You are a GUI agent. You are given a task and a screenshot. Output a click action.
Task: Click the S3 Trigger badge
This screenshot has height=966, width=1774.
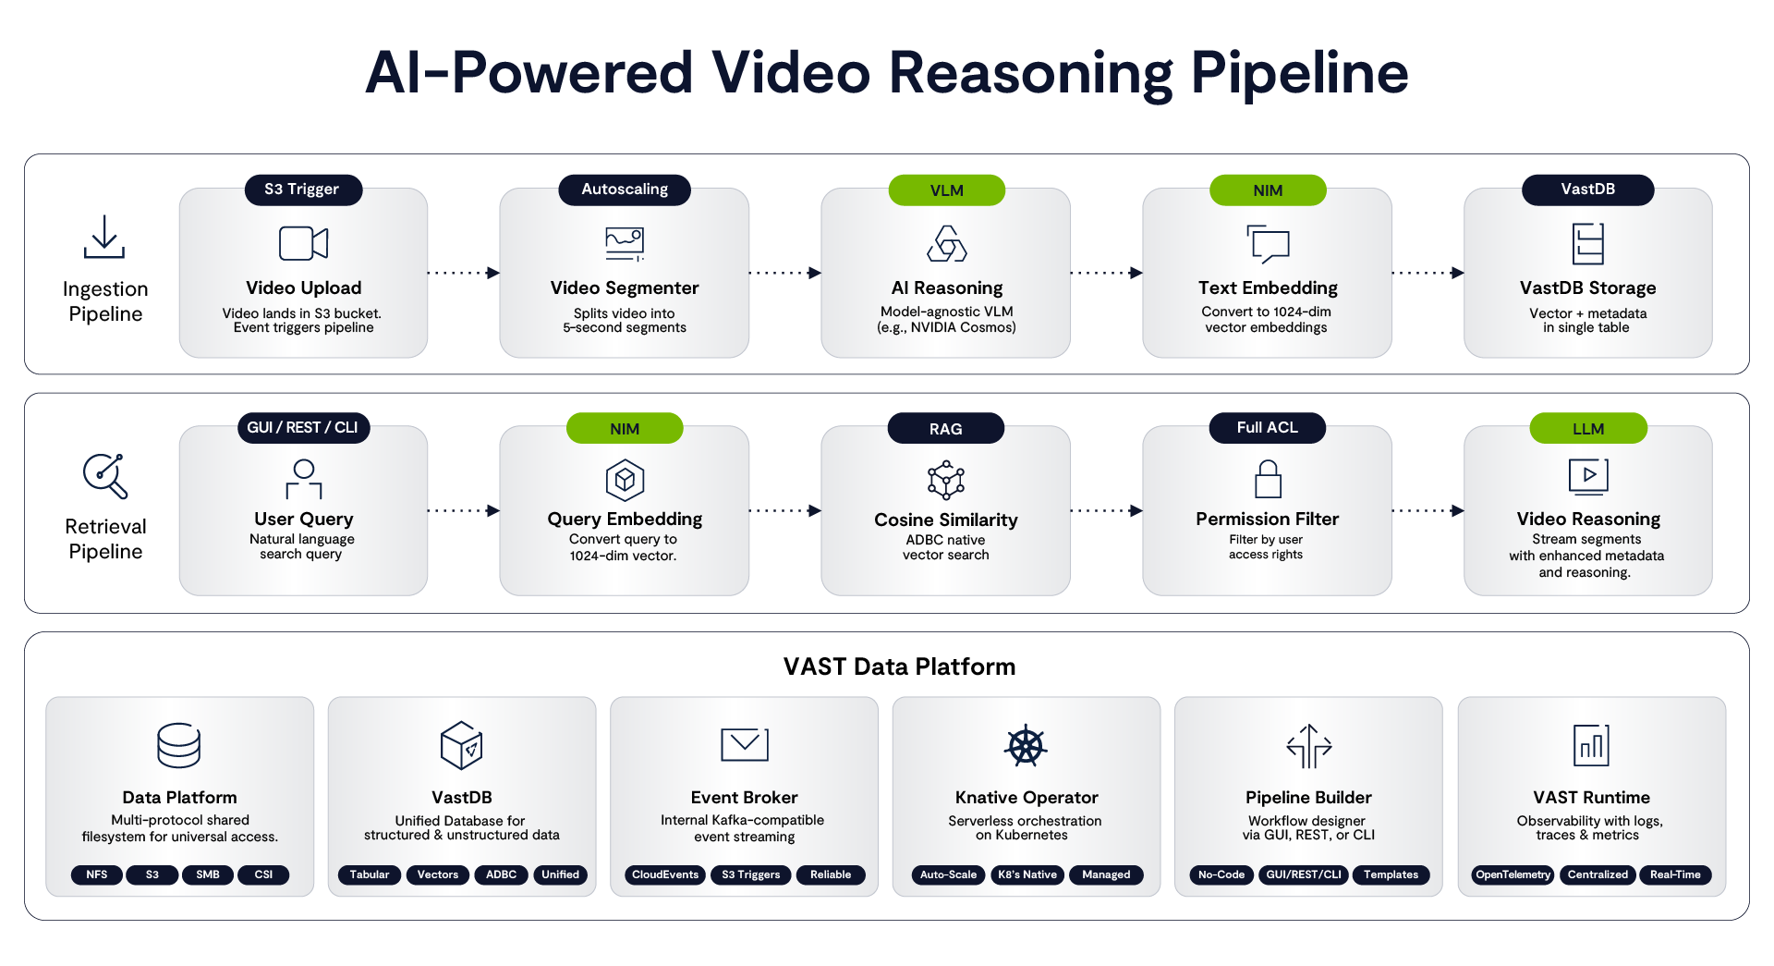(x=303, y=190)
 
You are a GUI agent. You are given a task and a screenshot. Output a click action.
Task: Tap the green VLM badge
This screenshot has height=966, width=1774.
(x=946, y=190)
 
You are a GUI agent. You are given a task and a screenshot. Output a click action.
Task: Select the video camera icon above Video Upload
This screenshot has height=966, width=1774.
(x=303, y=243)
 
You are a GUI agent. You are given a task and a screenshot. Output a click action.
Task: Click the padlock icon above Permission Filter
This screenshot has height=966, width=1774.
(x=1268, y=479)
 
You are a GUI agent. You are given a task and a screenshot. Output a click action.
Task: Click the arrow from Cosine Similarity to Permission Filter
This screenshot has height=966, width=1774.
(x=1107, y=510)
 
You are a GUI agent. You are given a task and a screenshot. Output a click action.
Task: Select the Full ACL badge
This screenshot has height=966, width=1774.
(x=1268, y=427)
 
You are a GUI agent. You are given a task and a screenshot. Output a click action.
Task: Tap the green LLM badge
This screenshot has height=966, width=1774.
(x=1588, y=428)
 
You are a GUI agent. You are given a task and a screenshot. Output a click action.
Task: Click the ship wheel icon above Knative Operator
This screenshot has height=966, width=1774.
(x=1026, y=746)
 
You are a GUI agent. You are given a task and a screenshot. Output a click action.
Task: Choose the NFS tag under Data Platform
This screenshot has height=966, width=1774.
(x=97, y=874)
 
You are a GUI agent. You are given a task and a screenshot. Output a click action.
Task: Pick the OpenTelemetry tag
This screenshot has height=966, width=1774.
(x=1513, y=874)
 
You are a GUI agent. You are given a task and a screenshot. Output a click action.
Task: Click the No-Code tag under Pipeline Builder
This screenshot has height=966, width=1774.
(x=1221, y=874)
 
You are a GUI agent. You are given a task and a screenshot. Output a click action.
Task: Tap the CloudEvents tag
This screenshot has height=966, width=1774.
(x=665, y=874)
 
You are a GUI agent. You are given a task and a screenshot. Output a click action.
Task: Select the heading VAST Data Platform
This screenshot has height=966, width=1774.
(x=899, y=666)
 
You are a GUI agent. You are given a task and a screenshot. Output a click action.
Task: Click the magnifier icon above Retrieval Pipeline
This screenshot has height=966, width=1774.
(x=105, y=476)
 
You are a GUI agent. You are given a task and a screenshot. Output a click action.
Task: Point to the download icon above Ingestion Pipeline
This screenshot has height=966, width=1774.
(x=104, y=237)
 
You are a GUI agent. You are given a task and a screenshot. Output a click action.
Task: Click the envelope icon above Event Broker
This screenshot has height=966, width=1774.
(x=745, y=744)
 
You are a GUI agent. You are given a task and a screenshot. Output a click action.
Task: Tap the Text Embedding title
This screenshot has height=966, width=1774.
(x=1268, y=287)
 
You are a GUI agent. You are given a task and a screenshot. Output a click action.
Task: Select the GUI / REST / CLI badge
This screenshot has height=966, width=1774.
(x=302, y=427)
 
